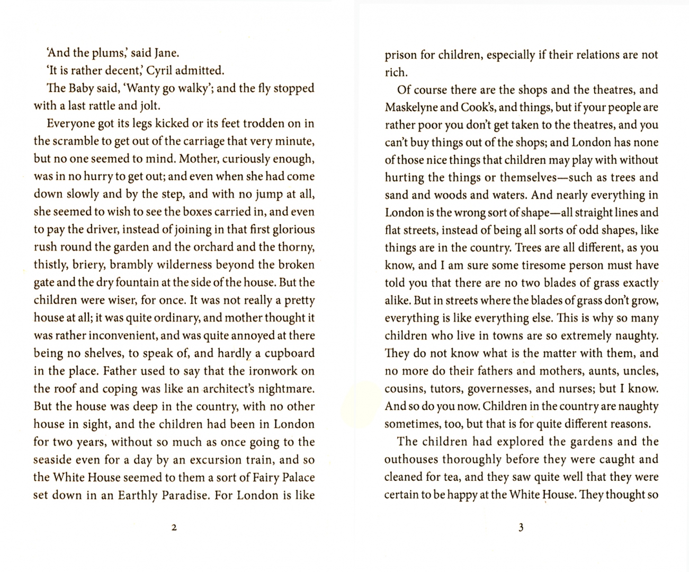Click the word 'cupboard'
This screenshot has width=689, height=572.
click(289, 353)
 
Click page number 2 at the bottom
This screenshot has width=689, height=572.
click(174, 528)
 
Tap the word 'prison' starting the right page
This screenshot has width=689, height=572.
click(401, 55)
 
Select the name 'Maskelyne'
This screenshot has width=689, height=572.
click(411, 107)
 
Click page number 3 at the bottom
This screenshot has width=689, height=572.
click(521, 528)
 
